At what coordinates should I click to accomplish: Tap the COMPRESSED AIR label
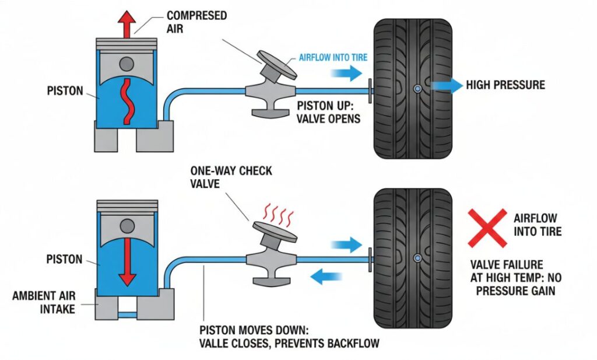pos(196,21)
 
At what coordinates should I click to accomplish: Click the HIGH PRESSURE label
pos(505,85)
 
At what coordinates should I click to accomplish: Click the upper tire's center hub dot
pos(417,88)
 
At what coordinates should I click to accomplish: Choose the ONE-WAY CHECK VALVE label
pos(230,177)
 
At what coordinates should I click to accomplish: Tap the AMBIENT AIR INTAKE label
pos(44,303)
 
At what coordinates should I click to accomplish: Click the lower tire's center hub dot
pos(417,257)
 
